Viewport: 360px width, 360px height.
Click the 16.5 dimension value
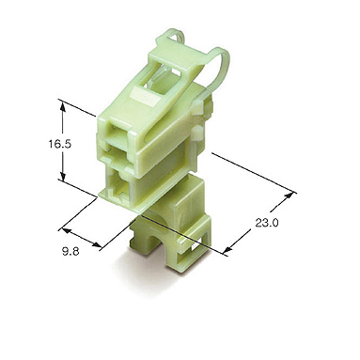point(60,144)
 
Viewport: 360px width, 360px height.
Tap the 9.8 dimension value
point(70,251)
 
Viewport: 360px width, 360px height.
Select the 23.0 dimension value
point(267,223)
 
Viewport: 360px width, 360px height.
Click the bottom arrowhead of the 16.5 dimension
point(63,177)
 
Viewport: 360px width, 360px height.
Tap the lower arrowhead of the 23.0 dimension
point(229,248)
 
